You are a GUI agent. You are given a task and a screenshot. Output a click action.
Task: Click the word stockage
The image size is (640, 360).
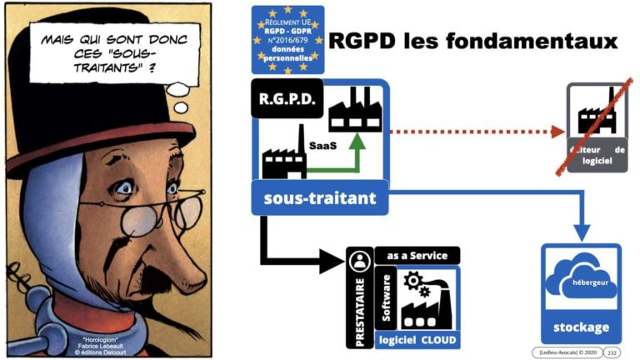click(x=580, y=327)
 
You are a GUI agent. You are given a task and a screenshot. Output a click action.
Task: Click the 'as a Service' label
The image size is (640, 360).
click(x=417, y=256)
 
